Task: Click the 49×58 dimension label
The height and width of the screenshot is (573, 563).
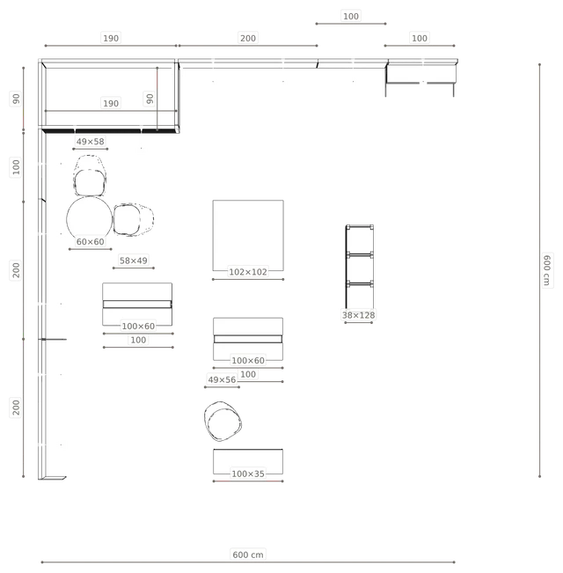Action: click(x=91, y=142)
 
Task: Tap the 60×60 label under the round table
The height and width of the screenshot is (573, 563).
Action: click(x=91, y=241)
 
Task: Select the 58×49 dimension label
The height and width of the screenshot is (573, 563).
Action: click(x=133, y=261)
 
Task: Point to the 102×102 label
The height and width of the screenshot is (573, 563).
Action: click(x=248, y=272)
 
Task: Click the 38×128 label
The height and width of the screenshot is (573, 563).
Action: click(x=359, y=315)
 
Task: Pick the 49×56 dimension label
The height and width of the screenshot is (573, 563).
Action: click(x=222, y=379)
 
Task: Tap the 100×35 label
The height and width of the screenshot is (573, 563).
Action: click(x=248, y=474)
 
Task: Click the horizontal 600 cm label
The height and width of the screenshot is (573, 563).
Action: click(x=248, y=555)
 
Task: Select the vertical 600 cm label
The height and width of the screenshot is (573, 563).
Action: click(x=546, y=270)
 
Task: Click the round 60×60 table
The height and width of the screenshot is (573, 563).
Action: click(x=90, y=220)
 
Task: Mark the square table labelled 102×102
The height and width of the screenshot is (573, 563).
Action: click(x=248, y=235)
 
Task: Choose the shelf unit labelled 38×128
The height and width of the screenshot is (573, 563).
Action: click(x=360, y=267)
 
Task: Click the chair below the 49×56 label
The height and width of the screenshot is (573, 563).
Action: click(x=223, y=422)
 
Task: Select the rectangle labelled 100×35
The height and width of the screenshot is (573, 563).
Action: click(x=248, y=461)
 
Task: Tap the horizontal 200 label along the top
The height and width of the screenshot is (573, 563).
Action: click(x=248, y=38)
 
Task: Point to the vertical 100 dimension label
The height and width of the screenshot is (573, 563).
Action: click(x=16, y=167)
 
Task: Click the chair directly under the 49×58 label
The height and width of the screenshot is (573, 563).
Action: click(x=90, y=176)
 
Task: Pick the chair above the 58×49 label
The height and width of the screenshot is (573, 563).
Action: click(x=133, y=219)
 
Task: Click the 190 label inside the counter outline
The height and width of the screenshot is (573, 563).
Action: click(x=111, y=103)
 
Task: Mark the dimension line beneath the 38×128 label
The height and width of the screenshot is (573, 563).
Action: click(x=359, y=323)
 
